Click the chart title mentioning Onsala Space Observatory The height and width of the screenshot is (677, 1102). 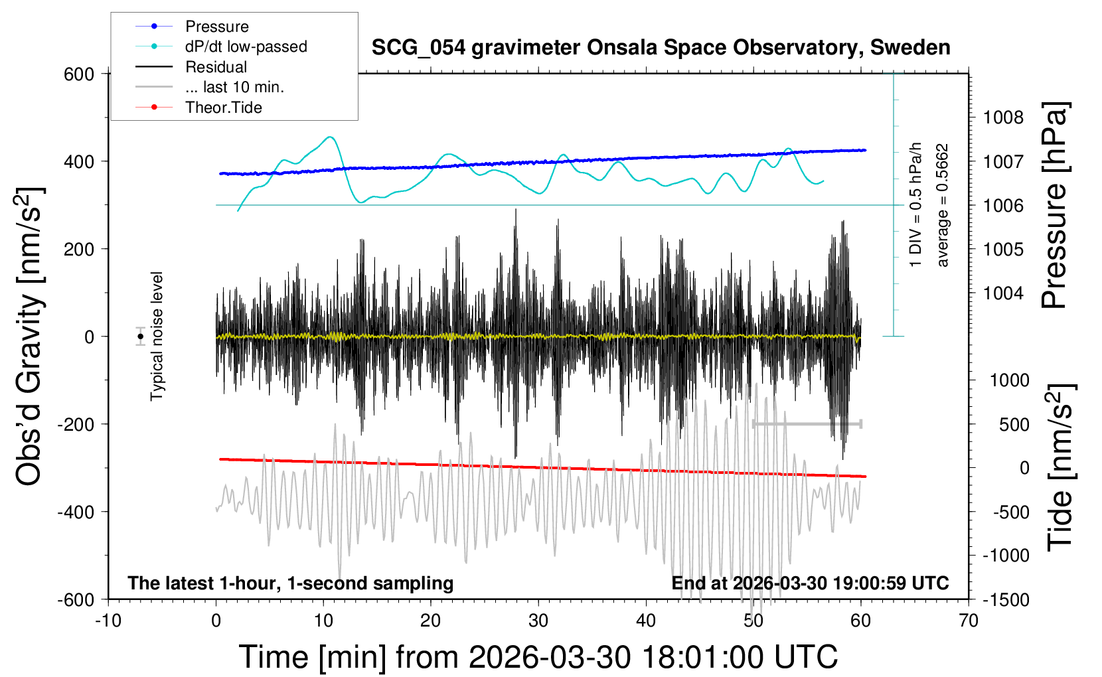(661, 48)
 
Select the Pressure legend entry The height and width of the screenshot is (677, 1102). (216, 27)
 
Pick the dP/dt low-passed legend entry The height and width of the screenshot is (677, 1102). (246, 46)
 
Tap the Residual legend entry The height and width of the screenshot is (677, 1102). (216, 67)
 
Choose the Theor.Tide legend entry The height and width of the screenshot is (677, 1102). (223, 108)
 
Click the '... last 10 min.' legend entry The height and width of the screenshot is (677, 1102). (234, 87)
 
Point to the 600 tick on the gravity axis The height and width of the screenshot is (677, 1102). (79, 74)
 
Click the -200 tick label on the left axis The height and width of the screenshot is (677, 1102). (75, 424)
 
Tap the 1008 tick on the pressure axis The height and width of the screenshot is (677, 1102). (1003, 118)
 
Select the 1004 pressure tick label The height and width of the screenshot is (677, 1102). (1003, 293)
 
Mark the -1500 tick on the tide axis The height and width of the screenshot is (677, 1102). (1005, 600)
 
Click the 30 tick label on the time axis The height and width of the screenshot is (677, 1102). (538, 621)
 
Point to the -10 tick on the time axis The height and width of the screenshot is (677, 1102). (108, 621)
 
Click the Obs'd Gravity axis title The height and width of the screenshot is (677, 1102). (30, 337)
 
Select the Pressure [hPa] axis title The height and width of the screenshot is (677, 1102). (1054, 206)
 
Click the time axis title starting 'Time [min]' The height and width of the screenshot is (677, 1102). (538, 657)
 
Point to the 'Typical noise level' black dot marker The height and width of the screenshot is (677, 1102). (141, 337)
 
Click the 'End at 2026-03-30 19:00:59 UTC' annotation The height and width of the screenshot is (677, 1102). (810, 583)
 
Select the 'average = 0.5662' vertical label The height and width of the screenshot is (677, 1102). (943, 206)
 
